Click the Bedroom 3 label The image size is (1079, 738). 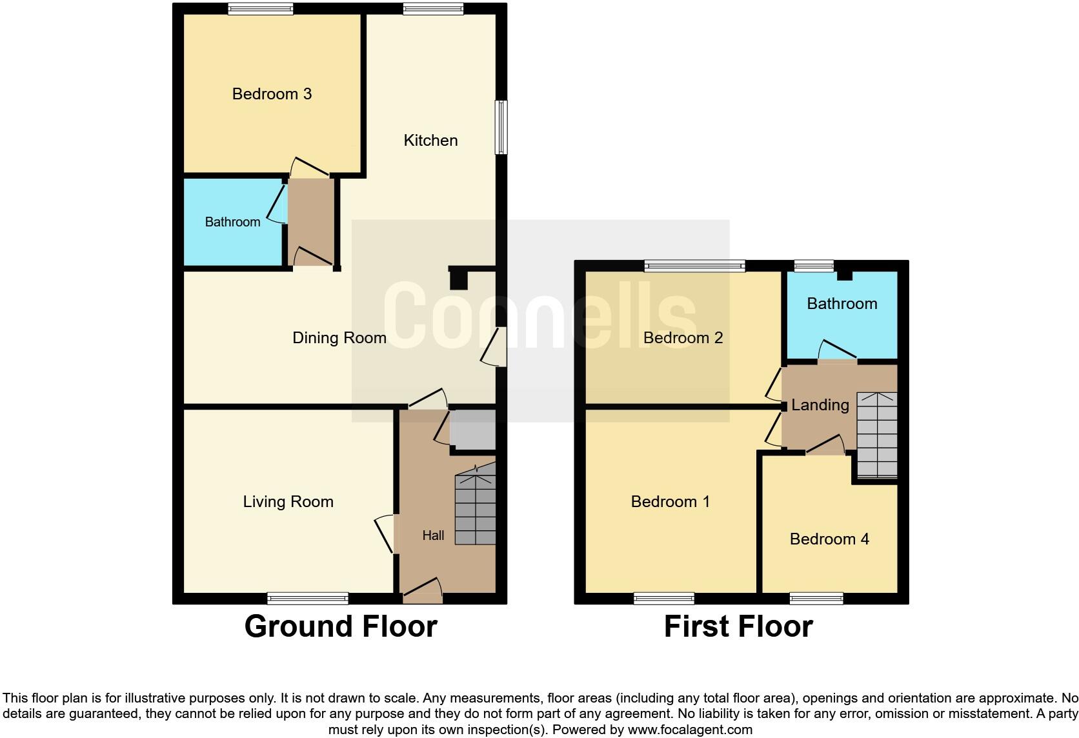tap(272, 94)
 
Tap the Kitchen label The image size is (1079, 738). tap(430, 141)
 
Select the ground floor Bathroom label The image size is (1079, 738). tap(232, 222)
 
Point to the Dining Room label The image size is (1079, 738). tap(339, 338)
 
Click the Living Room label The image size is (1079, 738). tap(288, 502)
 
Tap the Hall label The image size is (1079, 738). tap(433, 535)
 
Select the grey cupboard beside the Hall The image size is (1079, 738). tap(472, 430)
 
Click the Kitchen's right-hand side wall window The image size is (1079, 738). tap(501, 127)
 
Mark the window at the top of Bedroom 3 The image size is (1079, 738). tap(261, 8)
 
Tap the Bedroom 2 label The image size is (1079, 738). tap(683, 338)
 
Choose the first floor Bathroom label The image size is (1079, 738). tap(842, 304)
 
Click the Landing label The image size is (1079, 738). tap(820, 405)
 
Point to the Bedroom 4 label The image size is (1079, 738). tap(829, 539)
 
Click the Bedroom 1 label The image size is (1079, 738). tap(670, 502)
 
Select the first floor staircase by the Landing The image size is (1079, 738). tap(877, 435)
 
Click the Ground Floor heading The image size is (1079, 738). tap(341, 626)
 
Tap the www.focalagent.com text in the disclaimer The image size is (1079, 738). tap(689, 730)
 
